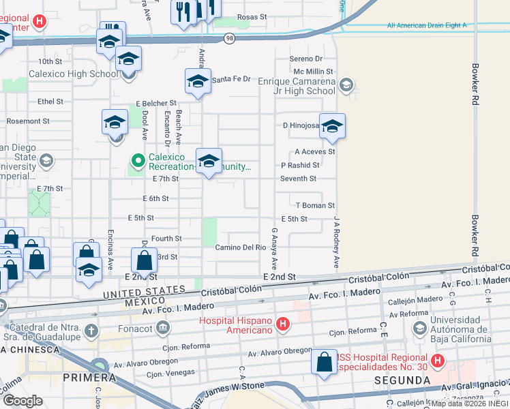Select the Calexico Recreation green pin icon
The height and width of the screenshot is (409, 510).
138,162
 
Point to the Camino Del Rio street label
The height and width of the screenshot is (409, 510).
239,247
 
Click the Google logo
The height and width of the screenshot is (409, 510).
23,400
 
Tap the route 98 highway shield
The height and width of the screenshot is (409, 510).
230,39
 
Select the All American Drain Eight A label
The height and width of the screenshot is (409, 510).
426,25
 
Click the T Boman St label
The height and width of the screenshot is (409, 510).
315,205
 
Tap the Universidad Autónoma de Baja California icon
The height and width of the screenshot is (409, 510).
421,329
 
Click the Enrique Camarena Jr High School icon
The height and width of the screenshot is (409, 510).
346,85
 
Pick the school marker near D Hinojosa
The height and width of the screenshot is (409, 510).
332,126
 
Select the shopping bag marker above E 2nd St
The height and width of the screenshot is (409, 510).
144,260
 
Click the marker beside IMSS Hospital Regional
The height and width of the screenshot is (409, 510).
324,362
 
